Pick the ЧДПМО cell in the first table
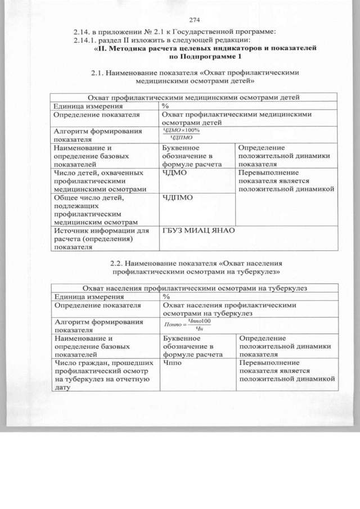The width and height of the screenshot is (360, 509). click(178, 197)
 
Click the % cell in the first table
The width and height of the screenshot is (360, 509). click(165, 105)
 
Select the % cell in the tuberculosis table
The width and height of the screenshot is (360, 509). click(166, 296)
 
